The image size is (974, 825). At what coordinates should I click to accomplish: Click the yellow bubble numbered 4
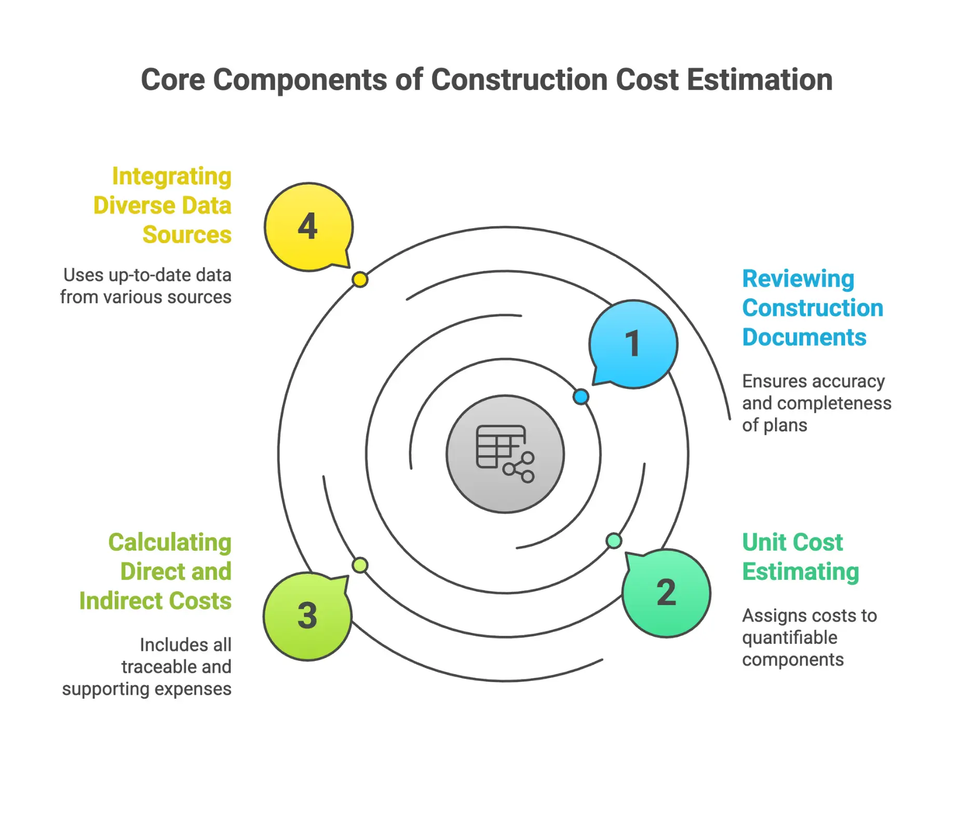click(x=308, y=227)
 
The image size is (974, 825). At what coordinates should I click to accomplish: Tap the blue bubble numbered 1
click(x=633, y=344)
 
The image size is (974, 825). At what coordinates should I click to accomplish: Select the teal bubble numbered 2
click(x=666, y=593)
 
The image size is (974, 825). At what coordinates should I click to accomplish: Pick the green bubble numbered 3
click(x=307, y=616)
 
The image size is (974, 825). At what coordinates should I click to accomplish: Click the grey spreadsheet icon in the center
click(x=505, y=454)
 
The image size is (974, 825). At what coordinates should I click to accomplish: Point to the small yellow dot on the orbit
click(x=360, y=280)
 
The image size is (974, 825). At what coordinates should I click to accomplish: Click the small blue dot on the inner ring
click(x=581, y=397)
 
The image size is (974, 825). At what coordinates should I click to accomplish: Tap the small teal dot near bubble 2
click(x=614, y=541)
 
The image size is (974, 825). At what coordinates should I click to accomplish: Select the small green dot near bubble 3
click(x=360, y=565)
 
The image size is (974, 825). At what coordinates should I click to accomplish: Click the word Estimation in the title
click(x=760, y=80)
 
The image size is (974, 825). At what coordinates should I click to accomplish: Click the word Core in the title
click(x=173, y=80)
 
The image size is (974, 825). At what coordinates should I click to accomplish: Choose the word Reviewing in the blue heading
click(x=798, y=279)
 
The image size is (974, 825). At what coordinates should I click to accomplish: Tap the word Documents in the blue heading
click(x=804, y=338)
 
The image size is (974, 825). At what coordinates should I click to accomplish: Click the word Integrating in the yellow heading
click(x=172, y=177)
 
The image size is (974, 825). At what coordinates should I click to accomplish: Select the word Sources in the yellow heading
click(x=187, y=235)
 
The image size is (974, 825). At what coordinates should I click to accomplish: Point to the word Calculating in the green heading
click(x=170, y=542)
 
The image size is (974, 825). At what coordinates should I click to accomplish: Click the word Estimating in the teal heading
click(x=801, y=572)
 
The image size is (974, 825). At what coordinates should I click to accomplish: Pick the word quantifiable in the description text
click(x=790, y=637)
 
